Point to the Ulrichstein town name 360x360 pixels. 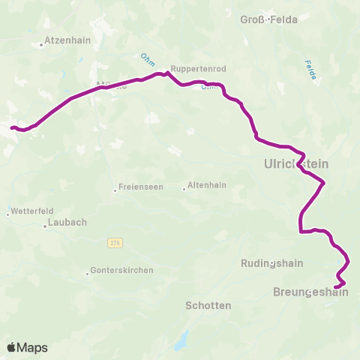[296, 163]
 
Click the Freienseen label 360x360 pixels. [139, 189]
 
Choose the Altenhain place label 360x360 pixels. [206, 184]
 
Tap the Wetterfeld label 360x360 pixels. [31, 212]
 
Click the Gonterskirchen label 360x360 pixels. [121, 270]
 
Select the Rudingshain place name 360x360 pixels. [271, 263]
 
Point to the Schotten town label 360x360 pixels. [208, 306]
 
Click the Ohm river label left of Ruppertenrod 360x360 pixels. [146, 57]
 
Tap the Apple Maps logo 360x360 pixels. [27, 347]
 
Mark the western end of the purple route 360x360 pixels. [11, 127]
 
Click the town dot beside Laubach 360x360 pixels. [46, 225]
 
